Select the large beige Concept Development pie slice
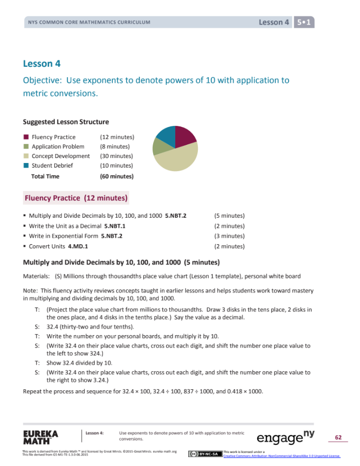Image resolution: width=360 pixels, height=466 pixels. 177,160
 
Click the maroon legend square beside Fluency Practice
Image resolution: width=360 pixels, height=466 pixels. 26,137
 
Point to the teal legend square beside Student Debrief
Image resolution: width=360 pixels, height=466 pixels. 26,166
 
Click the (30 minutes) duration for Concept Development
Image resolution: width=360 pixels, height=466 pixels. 116,156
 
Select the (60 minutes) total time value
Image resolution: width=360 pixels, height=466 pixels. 116,176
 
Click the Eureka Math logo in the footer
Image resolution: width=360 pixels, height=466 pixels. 41,437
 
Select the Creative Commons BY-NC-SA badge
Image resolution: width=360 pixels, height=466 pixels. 205,454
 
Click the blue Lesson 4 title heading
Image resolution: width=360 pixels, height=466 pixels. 38,64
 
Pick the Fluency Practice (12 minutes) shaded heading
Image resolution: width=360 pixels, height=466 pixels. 76,198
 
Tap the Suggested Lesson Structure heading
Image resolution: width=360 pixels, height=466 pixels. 66,122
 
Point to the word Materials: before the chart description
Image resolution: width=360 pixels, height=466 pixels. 36,276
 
